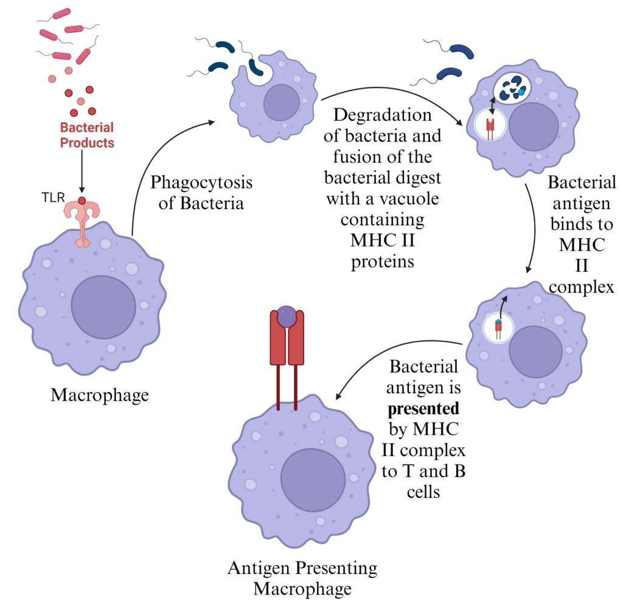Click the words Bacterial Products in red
(x=86, y=136)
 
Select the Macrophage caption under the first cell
(x=100, y=395)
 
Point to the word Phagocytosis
(x=201, y=182)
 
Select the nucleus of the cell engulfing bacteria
(x=281, y=102)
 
